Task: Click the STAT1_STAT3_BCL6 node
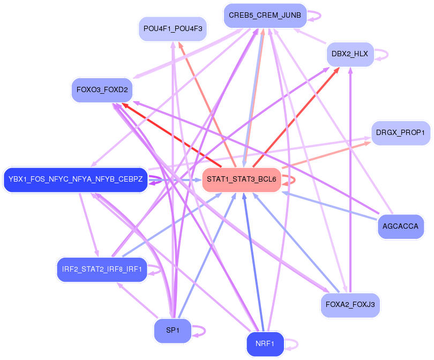pyautogui.click(x=242, y=179)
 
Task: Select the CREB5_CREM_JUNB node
pyautogui.click(x=265, y=15)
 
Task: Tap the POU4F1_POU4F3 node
pyautogui.click(x=173, y=29)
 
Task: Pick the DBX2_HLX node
pyautogui.click(x=350, y=54)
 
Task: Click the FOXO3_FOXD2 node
pyautogui.click(x=102, y=89)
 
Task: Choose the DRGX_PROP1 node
pyautogui.click(x=400, y=132)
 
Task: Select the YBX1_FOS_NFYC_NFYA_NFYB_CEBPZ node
pyautogui.click(x=76, y=179)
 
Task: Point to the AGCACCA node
pyautogui.click(x=400, y=226)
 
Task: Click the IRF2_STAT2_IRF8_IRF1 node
pyautogui.click(x=101, y=269)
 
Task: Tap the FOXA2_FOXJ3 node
pyautogui.click(x=350, y=305)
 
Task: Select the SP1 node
pyautogui.click(x=173, y=330)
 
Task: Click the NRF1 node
pyautogui.click(x=265, y=344)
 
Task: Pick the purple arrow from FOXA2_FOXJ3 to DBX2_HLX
pyautogui.click(x=350, y=182)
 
